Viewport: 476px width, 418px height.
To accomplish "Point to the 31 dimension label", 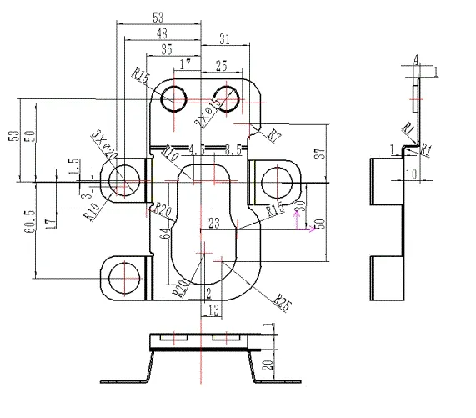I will (224, 39).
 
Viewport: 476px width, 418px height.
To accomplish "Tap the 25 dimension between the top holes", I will (220, 65).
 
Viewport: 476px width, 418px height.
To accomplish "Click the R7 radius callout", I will (273, 133).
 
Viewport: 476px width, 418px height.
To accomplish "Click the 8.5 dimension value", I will (234, 151).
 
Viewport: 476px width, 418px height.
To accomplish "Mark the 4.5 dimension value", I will (198, 150).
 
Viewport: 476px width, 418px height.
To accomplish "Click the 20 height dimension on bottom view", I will (268, 364).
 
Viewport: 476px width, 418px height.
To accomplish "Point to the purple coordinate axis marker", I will (307, 227).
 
